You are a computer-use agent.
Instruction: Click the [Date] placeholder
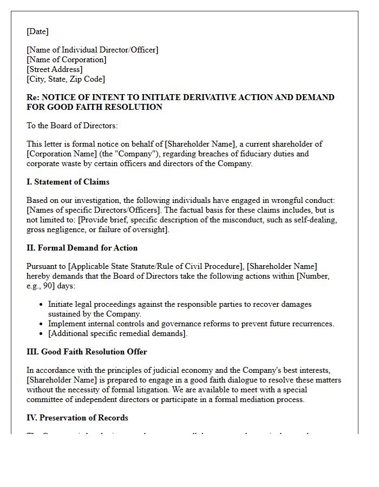pos(37,31)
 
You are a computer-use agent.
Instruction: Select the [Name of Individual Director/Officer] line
pos(93,50)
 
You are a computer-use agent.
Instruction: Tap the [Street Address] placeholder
pos(55,69)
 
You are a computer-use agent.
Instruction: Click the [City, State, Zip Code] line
pos(66,79)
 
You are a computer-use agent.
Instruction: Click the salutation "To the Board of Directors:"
pos(72,126)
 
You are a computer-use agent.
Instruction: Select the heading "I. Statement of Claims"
pos(68,182)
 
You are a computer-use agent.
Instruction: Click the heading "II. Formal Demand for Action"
pos(82,248)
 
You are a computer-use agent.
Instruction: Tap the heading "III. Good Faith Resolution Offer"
pos(87,352)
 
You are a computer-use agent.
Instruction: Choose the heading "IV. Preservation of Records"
pos(77,418)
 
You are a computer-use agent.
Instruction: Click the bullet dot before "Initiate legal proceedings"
pos(41,305)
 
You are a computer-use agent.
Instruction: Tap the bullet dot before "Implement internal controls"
pos(41,324)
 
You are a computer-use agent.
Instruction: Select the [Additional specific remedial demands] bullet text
pos(117,333)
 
